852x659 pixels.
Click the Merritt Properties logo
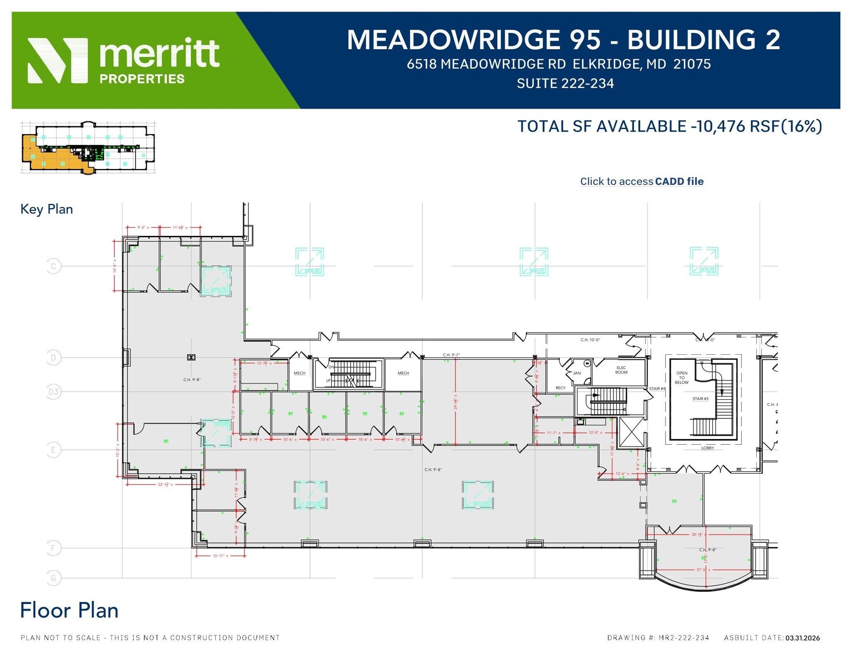coord(123,60)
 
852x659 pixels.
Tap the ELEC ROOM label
coord(621,370)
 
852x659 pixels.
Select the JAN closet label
coord(577,373)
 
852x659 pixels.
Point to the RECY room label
coord(560,388)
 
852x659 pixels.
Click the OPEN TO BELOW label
coord(681,378)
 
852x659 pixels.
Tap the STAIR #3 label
coord(700,399)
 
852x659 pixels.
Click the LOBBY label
coord(707,448)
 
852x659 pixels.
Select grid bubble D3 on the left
coord(53,392)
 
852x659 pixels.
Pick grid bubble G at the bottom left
coord(53,578)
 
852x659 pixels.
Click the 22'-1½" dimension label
coord(165,485)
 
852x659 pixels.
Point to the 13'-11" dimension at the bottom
coord(220,556)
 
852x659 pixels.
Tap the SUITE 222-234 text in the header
coord(565,84)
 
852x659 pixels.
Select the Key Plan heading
coord(47,209)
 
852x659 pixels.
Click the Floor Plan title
coord(69,610)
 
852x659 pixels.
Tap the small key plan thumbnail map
coord(88,147)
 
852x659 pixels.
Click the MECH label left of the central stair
coord(299,373)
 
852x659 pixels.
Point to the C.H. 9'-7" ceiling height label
coord(451,355)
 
